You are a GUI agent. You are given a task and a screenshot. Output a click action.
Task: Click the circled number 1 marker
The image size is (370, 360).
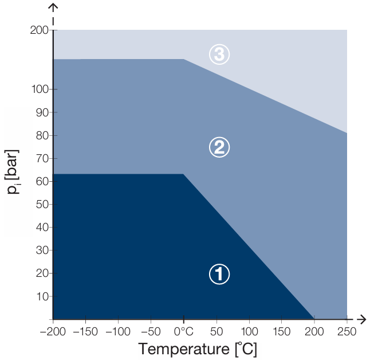[219, 274]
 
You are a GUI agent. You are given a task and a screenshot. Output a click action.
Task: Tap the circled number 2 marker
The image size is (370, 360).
[219, 147]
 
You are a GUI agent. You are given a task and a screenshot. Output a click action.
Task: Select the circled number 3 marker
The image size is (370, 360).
[219, 54]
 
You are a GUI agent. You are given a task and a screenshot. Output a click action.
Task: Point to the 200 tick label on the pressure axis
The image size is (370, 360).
[39, 30]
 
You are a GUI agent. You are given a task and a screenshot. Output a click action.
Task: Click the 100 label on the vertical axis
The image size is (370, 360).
[40, 89]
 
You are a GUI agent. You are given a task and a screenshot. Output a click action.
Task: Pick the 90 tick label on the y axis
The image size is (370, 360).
[42, 113]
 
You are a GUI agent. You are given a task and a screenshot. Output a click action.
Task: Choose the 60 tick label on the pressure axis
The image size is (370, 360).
[42, 181]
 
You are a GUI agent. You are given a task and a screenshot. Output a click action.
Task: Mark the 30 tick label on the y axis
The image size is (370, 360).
[42, 250]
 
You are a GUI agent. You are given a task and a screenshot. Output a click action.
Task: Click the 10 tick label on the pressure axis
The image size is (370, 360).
[43, 296]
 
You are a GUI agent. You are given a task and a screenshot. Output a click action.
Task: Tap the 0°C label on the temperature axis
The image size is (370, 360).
[184, 331]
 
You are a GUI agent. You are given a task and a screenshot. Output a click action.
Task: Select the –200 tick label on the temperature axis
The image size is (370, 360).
[53, 331]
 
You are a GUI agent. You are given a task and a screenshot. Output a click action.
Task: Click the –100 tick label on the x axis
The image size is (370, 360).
[118, 331]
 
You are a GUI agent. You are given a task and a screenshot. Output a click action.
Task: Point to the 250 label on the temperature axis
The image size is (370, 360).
[347, 331]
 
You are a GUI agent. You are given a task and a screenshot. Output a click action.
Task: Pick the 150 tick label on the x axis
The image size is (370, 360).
[282, 331]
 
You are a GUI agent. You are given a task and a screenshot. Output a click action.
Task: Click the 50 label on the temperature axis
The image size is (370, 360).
[217, 331]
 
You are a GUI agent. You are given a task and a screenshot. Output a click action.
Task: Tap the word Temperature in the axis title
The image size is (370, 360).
[184, 349]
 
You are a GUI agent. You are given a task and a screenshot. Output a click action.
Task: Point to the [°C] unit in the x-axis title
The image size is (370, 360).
[246, 349]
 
